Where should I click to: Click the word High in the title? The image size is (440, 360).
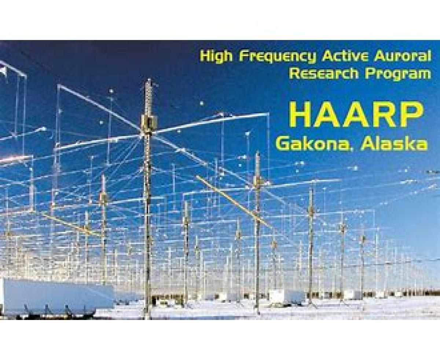[216, 57]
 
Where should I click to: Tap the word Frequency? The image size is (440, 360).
[278, 57]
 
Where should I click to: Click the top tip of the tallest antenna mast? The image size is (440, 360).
[149, 79]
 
